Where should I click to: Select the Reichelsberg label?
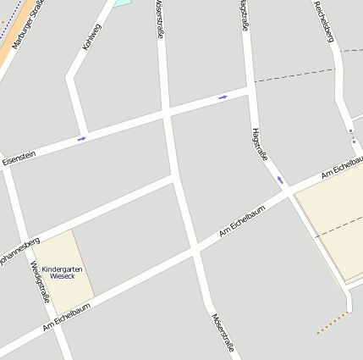326,22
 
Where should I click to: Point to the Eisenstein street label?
19,157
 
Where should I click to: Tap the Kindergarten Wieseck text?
63,272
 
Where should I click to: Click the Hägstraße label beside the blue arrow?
260,145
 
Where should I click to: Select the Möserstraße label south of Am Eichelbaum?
222,335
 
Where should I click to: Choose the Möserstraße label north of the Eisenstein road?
159,19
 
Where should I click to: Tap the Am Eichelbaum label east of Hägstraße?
342,167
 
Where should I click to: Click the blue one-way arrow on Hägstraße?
279,180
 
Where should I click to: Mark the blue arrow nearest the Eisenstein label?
82,138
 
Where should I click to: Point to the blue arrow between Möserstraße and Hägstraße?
223,97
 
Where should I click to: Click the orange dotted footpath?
333,323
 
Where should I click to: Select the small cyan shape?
123,3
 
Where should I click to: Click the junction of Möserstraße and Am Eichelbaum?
195,249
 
